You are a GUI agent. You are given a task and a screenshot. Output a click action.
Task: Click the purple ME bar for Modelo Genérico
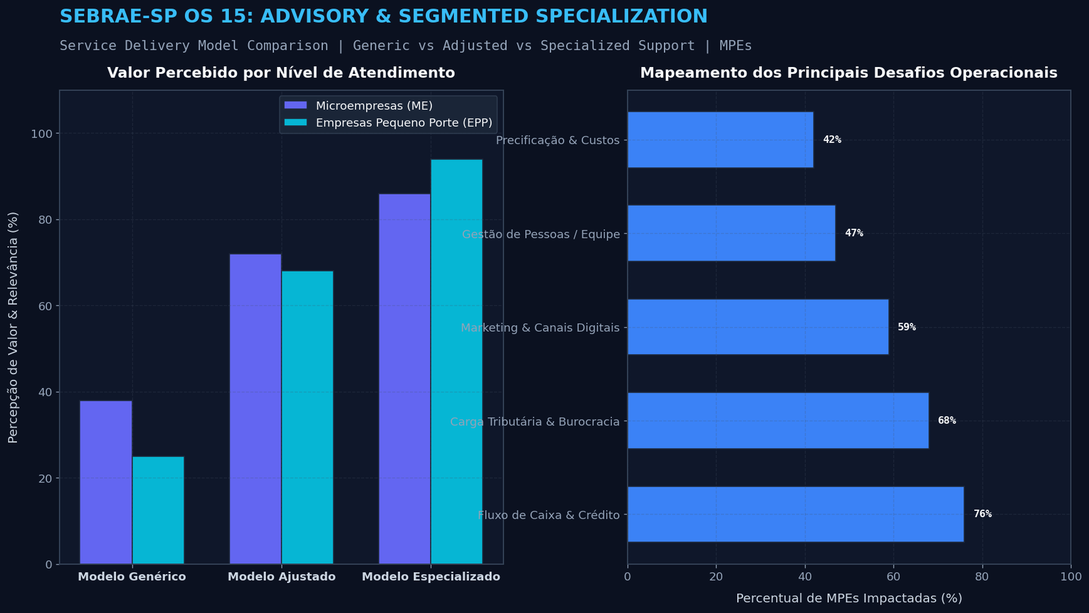[106, 482]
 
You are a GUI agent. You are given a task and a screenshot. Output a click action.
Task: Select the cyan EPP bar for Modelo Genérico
[158, 510]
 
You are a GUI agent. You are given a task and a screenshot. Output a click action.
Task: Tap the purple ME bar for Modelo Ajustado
[255, 409]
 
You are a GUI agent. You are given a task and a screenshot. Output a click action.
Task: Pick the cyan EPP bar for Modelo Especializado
[457, 362]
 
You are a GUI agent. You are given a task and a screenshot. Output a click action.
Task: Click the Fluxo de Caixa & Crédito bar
[796, 514]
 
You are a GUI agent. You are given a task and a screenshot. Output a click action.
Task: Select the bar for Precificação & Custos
[720, 140]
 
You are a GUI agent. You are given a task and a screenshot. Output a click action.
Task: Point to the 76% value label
[983, 514]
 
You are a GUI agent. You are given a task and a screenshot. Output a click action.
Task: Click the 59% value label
[907, 327]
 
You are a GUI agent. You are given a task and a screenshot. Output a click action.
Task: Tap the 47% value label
[854, 233]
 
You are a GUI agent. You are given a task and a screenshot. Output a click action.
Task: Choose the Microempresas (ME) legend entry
[358, 106]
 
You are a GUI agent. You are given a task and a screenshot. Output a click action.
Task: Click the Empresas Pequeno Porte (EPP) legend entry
[388, 123]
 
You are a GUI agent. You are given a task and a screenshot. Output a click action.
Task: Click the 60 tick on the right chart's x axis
[893, 577]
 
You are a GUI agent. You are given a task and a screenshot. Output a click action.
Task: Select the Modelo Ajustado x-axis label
[281, 577]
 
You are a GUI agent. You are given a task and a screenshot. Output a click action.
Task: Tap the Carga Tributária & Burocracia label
[535, 422]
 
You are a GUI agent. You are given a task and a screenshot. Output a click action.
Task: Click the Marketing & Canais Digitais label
[540, 328]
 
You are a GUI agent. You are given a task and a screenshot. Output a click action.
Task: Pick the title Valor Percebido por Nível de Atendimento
[281, 73]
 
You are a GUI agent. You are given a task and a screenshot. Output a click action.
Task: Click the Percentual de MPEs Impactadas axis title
[849, 598]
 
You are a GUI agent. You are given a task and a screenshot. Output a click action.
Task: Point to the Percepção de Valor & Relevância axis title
[13, 328]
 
